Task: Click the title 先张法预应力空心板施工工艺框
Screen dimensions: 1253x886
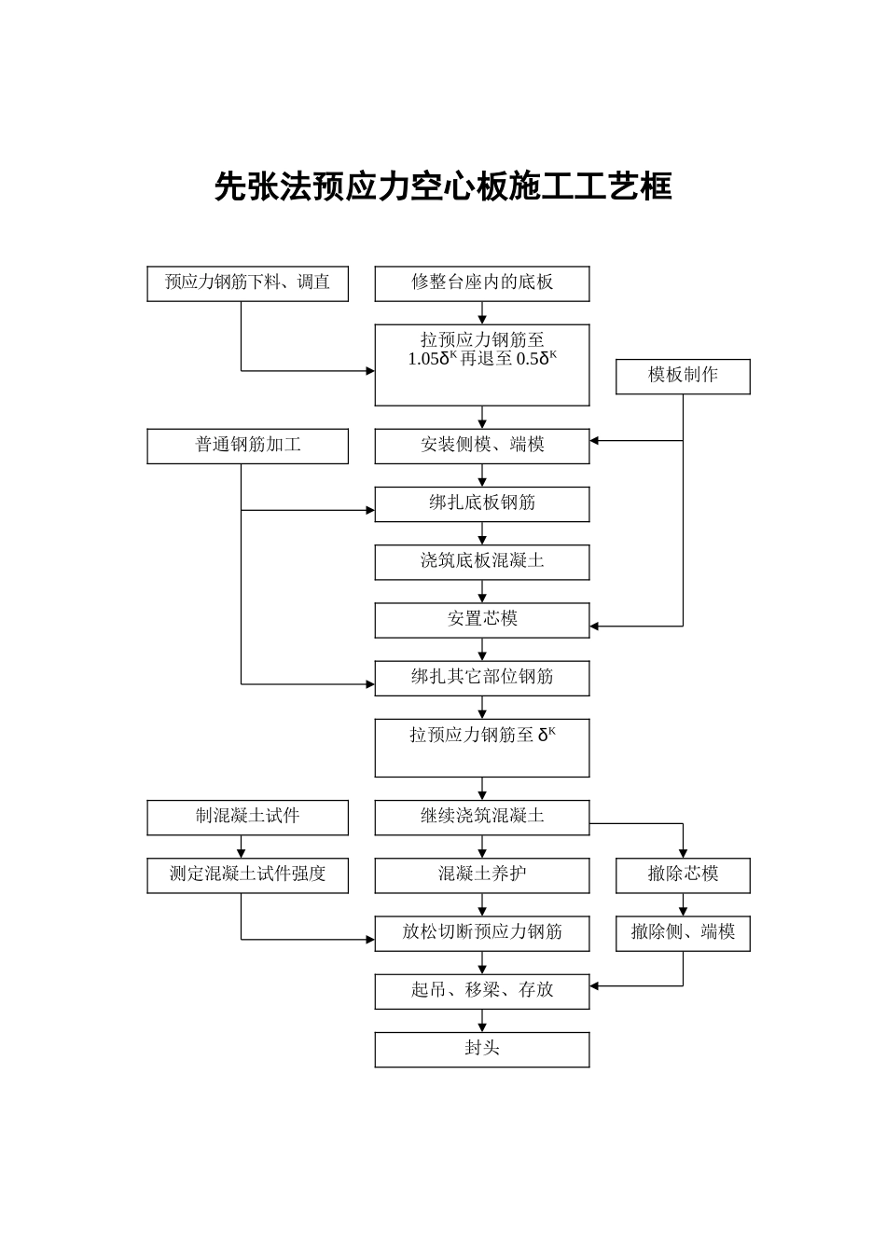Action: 443,186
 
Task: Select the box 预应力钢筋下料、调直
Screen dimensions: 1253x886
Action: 247,283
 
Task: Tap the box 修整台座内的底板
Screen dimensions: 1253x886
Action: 482,283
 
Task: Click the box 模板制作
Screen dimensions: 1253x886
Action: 683,376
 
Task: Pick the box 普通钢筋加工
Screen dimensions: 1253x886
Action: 247,446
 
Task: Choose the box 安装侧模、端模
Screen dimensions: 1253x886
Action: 482,446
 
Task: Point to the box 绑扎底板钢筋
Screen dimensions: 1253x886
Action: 482,503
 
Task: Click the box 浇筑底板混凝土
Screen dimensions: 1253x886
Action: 482,561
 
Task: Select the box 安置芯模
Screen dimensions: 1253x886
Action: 482,620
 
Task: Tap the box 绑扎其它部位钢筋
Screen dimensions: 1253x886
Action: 482,678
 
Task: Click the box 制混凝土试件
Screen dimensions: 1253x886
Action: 247,817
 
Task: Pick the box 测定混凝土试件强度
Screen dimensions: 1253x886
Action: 247,875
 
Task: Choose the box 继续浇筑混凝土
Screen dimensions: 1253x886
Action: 482,817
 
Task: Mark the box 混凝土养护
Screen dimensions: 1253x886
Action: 482,875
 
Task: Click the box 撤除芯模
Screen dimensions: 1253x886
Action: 683,875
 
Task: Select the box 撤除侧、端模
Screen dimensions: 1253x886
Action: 683,933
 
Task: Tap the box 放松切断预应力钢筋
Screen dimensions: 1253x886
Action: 482,933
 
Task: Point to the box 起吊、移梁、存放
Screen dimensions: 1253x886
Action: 482,991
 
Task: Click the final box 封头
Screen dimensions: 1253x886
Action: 482,1049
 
